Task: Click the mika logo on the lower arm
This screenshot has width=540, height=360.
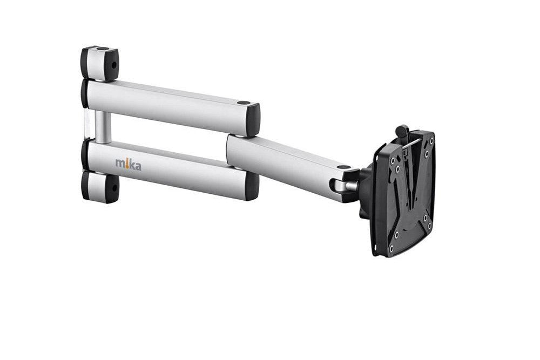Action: click(x=128, y=165)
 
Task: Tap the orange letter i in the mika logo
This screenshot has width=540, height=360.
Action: click(x=127, y=164)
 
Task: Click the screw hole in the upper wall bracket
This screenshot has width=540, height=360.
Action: click(x=113, y=65)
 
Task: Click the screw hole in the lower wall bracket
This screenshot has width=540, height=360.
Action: click(x=114, y=188)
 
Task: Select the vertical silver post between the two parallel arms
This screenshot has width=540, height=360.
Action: click(x=103, y=127)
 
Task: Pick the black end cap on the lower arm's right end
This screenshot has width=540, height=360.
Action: click(x=252, y=186)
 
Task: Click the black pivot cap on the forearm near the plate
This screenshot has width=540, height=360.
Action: click(x=343, y=167)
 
